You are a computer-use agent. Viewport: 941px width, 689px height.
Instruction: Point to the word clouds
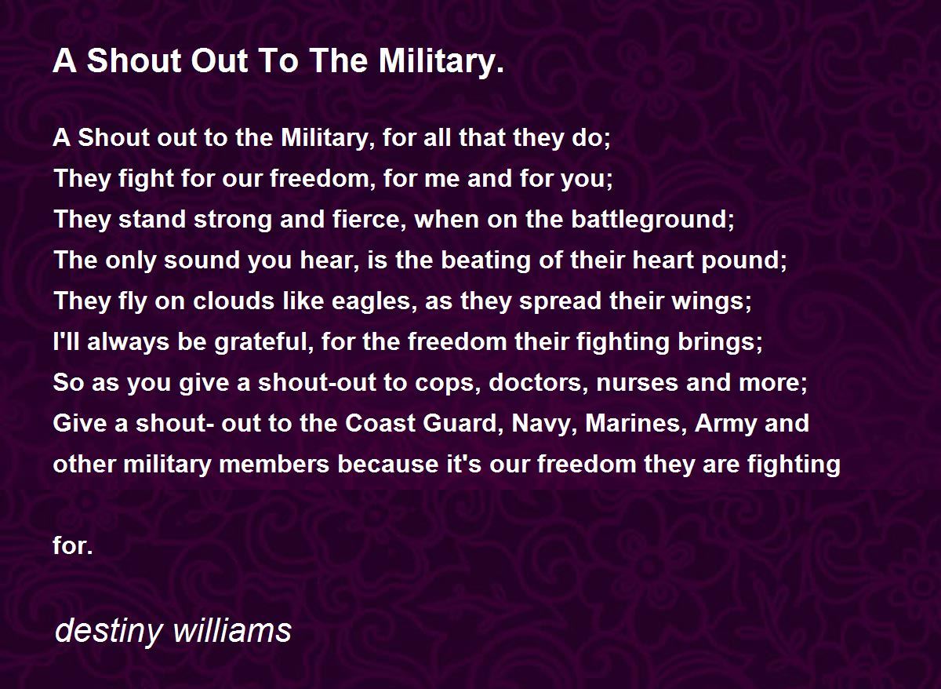(x=234, y=301)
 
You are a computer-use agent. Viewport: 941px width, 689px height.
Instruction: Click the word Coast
(x=380, y=424)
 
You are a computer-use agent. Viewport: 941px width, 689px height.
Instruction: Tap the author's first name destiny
(x=108, y=632)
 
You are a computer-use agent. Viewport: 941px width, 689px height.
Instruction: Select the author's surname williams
(x=232, y=629)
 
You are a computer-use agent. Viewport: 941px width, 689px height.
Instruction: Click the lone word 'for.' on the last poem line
(x=73, y=545)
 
